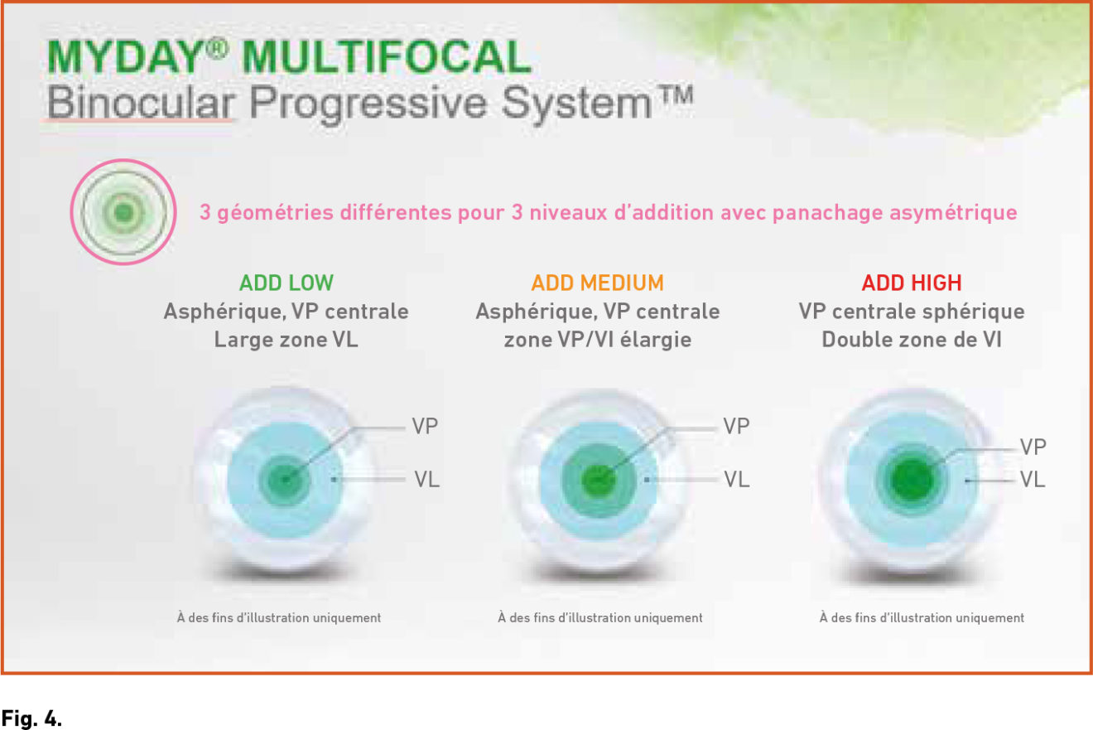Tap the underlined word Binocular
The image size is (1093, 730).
(x=141, y=103)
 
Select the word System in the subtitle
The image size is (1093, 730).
(x=576, y=104)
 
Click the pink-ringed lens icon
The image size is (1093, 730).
(x=123, y=212)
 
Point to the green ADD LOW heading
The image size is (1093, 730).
(x=286, y=283)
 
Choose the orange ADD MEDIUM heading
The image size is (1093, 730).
(x=597, y=283)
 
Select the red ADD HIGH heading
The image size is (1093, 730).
(x=912, y=283)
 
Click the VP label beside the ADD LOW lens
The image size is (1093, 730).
(x=425, y=426)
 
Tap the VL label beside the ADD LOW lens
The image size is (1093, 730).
(x=427, y=479)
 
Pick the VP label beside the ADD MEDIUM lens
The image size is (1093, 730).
(x=736, y=426)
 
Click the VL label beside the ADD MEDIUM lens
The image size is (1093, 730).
(x=737, y=479)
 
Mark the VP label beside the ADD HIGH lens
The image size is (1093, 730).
(x=1033, y=447)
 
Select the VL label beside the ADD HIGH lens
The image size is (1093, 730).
(x=1033, y=479)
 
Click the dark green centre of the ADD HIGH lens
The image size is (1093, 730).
(x=912, y=480)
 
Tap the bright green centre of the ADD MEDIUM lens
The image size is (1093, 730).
(x=598, y=481)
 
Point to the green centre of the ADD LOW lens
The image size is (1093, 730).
(x=285, y=481)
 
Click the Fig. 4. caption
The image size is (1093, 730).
(x=31, y=718)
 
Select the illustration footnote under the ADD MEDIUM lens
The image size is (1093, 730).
(x=600, y=617)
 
